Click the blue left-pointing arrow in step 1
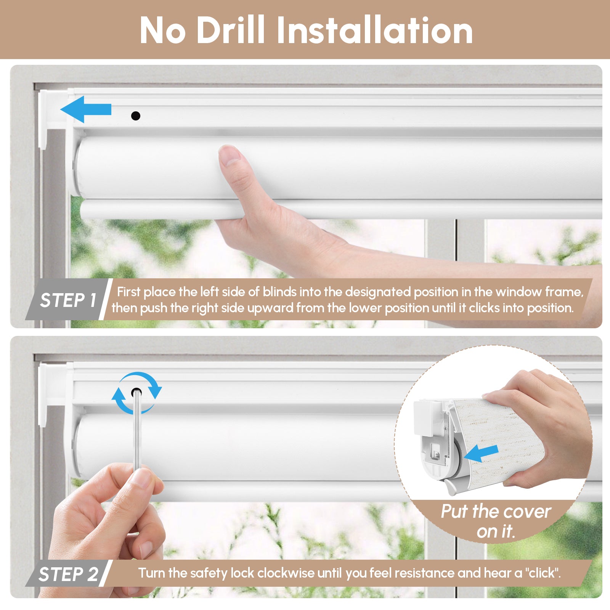86,109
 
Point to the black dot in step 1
135,116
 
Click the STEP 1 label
68,300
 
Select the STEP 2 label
68,574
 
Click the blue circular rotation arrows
136,393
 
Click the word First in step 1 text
129,292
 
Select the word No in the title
162,30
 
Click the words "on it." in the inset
496,531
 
